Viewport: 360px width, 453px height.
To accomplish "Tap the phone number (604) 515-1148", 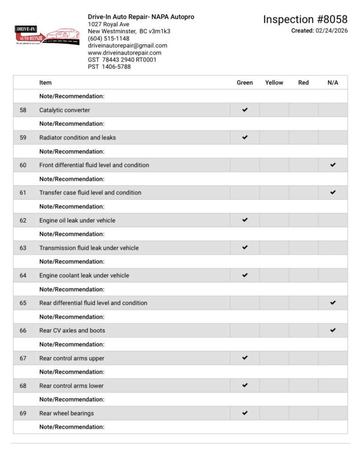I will (x=109, y=38).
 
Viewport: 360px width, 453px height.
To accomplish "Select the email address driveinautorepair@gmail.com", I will (x=127, y=45).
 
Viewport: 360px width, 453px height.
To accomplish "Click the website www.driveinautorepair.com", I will (x=125, y=52).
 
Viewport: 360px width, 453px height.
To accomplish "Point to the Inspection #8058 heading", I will (x=305, y=19).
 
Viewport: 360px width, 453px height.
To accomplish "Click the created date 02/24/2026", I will (x=331, y=31).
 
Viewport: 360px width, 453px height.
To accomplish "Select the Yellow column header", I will (x=274, y=83).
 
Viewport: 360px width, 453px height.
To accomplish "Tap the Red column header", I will (x=303, y=83).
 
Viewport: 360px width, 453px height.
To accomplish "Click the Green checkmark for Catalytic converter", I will (x=244, y=110).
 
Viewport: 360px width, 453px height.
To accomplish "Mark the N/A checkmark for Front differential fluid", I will (x=333, y=165).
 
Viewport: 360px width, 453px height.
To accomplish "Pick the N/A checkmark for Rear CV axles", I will (x=333, y=330).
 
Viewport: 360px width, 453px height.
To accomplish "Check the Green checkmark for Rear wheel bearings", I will (x=244, y=413).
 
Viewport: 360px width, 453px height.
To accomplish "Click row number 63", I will (x=23, y=248).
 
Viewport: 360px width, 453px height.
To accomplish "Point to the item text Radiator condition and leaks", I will (x=77, y=138).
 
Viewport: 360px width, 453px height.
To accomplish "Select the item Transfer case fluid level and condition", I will (x=90, y=193).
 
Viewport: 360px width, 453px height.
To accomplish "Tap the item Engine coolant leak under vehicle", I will (x=84, y=276).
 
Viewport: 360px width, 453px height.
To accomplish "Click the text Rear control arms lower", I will (x=71, y=386).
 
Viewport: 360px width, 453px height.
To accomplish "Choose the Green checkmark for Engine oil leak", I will (x=244, y=220).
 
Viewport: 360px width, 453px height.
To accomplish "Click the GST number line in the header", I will (x=122, y=59).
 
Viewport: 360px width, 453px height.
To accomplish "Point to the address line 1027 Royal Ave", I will (x=109, y=24).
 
